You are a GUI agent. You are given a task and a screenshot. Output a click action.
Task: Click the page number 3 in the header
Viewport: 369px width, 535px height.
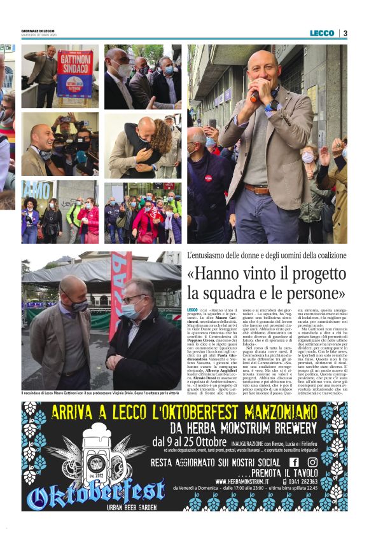[345, 33]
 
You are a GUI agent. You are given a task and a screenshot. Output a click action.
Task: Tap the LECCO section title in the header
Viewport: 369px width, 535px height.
[322, 33]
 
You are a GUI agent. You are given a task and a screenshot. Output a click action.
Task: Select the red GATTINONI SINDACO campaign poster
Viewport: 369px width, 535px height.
[75, 72]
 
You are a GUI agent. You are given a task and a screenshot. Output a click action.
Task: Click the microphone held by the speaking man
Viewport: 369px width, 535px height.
[255, 96]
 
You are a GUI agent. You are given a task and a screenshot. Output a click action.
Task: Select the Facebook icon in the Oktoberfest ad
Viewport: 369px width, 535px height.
[295, 462]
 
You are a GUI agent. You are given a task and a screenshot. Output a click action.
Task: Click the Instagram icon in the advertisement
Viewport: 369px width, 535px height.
[312, 462]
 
